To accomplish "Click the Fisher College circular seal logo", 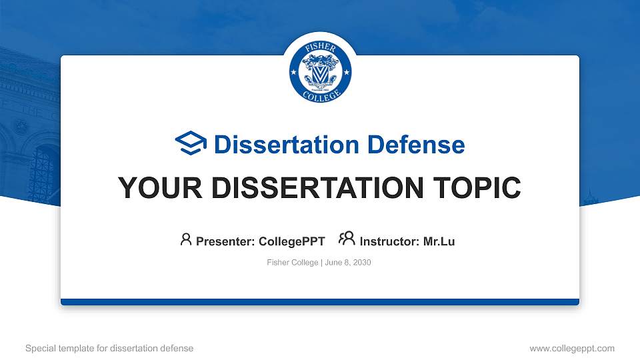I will [320, 70].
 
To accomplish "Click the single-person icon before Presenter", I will [186, 240].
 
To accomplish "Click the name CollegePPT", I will [291, 241].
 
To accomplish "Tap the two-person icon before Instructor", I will [347, 240].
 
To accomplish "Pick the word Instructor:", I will [389, 241].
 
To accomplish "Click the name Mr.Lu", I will [439, 241].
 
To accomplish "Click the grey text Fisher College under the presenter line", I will [292, 263].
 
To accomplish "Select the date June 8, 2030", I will [348, 263].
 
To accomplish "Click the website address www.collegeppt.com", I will [571, 348].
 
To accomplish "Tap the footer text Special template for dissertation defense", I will [109, 348].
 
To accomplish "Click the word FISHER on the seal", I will [320, 48].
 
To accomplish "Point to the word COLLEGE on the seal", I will [320, 94].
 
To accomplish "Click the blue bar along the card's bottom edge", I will [320, 302].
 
